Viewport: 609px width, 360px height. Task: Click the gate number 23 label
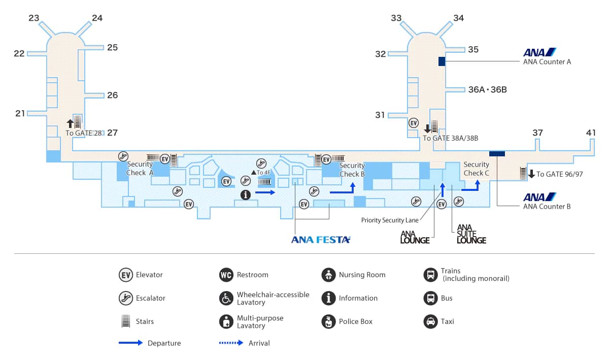click(34, 18)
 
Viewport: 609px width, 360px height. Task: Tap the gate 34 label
click(458, 18)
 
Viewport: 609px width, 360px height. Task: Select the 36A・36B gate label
click(487, 90)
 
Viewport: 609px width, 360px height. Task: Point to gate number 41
click(591, 133)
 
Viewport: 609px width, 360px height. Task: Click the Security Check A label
click(140, 168)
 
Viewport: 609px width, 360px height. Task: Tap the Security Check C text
click(476, 169)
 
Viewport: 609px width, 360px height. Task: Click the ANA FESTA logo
click(321, 240)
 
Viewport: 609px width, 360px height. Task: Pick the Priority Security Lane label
click(390, 220)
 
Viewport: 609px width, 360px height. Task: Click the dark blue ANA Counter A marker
click(442, 61)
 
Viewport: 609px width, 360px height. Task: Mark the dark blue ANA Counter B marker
click(497, 153)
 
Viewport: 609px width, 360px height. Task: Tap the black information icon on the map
click(246, 194)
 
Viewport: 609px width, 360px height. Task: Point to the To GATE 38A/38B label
click(451, 138)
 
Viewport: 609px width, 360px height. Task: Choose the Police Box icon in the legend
click(328, 321)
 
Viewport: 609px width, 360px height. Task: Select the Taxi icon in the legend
click(430, 321)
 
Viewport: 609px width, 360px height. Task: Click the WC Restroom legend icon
click(226, 275)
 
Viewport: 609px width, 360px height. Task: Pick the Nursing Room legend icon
click(328, 275)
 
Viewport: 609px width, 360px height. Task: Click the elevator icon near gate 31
click(414, 123)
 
